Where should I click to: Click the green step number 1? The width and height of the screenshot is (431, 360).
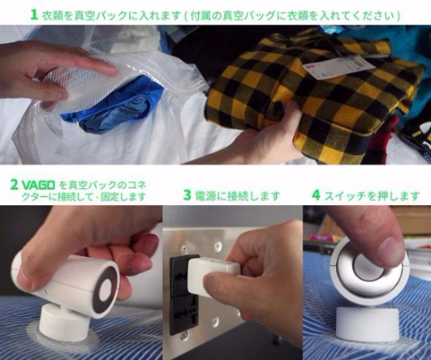point(33,14)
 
